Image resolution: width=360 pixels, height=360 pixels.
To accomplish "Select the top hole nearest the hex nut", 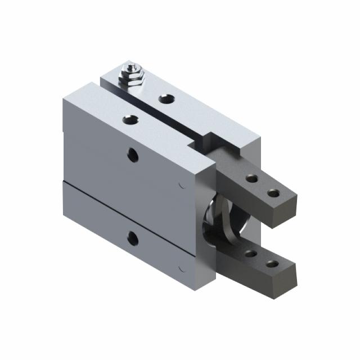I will click(x=166, y=99).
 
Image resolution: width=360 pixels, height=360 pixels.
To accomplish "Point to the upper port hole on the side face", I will click(x=133, y=155).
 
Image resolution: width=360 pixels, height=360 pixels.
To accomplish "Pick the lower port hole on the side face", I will click(x=133, y=238).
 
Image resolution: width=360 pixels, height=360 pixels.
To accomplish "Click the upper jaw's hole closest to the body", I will click(x=251, y=179).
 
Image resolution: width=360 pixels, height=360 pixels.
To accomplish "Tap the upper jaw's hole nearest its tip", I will click(x=273, y=193).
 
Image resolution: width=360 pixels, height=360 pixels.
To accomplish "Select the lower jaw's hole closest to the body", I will click(x=251, y=253).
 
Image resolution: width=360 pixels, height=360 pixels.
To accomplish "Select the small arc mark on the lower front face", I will click(x=181, y=269).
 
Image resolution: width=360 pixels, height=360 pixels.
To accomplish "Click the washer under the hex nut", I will click(x=133, y=81).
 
